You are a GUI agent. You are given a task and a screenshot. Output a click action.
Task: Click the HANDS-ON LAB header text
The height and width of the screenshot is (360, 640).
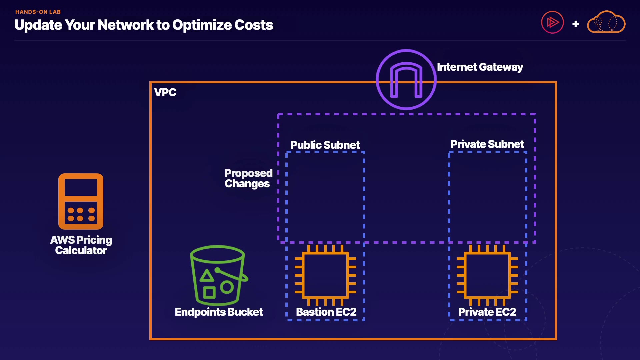[x=38, y=12]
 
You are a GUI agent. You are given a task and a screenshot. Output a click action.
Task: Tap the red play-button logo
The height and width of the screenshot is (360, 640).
[x=552, y=22]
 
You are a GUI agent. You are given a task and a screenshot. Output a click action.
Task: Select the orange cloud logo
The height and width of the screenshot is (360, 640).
[x=606, y=22]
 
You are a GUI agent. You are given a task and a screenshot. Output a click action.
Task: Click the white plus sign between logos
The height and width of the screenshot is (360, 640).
[x=575, y=24]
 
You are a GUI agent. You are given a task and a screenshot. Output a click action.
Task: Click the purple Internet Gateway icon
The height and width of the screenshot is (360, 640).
[x=406, y=79]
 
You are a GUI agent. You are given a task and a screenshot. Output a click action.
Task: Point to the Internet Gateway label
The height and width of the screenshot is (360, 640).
[x=480, y=67]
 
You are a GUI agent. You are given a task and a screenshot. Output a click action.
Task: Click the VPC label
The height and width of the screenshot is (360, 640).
[x=165, y=92]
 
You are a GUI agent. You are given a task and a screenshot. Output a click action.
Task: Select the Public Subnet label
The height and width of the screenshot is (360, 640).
[x=325, y=145]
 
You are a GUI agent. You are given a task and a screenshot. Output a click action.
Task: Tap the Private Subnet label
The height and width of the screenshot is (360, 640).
[x=487, y=144]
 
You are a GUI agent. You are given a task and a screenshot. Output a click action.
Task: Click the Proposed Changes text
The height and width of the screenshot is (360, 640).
[x=248, y=178]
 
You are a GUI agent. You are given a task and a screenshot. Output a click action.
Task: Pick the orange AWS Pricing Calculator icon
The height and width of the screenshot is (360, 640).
[x=81, y=201]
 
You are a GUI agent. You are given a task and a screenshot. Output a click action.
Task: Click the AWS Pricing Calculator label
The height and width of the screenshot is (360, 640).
[x=81, y=245]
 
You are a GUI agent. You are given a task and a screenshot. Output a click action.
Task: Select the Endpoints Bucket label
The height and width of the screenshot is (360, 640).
[x=219, y=312]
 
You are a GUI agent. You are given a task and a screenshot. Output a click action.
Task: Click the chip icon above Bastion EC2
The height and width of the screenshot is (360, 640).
[x=325, y=275]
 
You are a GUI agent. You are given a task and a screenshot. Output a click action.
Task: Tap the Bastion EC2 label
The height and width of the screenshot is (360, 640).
[x=326, y=312]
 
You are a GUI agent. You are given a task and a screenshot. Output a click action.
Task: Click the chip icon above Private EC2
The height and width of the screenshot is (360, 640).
[x=487, y=275]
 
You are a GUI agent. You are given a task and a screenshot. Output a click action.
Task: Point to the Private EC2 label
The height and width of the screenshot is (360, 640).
[x=487, y=312]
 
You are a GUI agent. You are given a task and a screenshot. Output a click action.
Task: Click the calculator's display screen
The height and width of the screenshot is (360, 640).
[x=81, y=187]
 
